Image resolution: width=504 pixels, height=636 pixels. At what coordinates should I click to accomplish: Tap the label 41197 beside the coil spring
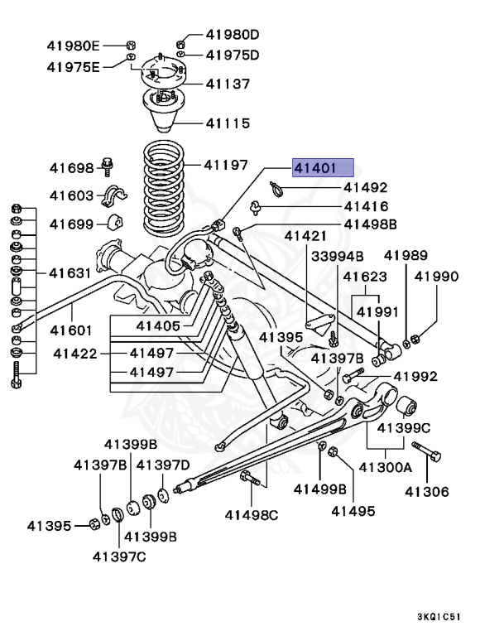tap(226, 165)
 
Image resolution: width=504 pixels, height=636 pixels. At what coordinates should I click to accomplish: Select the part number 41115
tap(228, 123)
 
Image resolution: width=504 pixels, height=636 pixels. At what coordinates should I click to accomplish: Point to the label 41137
tap(228, 84)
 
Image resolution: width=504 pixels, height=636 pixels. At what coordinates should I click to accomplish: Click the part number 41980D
tap(233, 35)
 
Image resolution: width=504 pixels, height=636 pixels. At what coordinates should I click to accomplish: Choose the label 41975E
tap(73, 66)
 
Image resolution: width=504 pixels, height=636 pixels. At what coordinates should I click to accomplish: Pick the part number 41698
tap(72, 168)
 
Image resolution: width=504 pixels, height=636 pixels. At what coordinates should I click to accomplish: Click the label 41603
tap(72, 195)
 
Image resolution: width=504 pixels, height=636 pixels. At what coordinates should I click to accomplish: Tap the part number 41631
tap(71, 272)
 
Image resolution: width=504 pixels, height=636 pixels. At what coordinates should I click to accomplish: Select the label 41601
tap(72, 330)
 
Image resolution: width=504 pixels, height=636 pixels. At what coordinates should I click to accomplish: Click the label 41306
tap(426, 492)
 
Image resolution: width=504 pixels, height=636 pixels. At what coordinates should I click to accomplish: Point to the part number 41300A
tap(385, 467)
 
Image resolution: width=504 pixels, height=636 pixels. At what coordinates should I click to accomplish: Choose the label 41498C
tap(252, 514)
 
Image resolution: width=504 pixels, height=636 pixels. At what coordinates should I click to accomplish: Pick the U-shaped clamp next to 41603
tap(113, 198)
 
